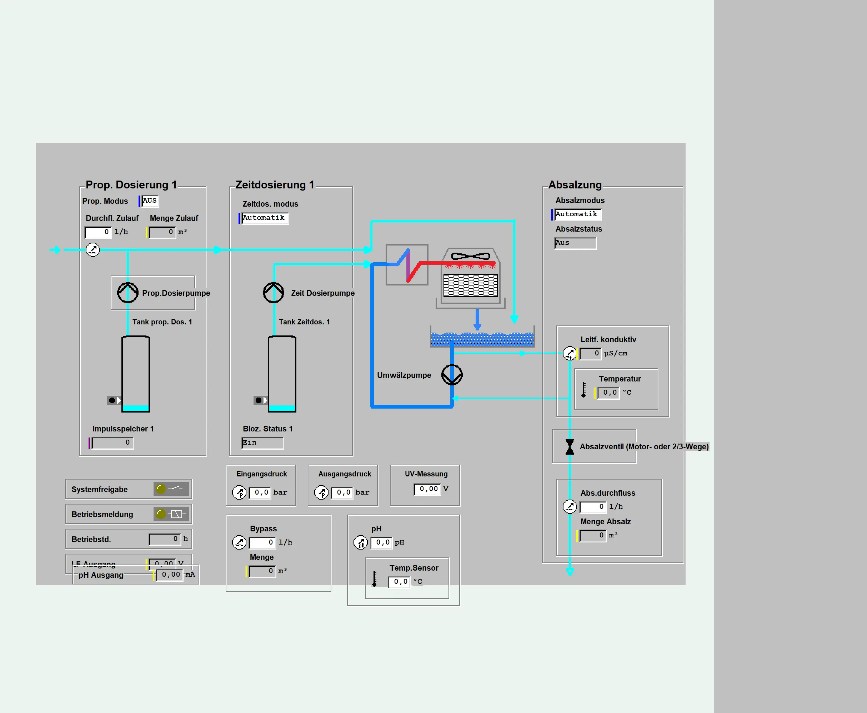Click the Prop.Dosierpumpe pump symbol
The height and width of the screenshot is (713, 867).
click(x=128, y=292)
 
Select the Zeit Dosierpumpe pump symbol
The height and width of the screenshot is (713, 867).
click(x=274, y=292)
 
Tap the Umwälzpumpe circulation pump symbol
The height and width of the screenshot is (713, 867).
click(x=452, y=375)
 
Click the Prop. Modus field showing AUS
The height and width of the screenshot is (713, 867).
click(x=150, y=201)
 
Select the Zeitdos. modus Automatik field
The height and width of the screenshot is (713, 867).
click(x=265, y=218)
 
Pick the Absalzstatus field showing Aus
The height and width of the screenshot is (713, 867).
click(x=575, y=243)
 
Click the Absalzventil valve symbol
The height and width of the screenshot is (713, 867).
click(x=570, y=446)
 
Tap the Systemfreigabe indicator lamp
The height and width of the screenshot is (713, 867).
click(x=161, y=489)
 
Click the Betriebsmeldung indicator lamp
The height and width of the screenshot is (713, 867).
click(x=161, y=514)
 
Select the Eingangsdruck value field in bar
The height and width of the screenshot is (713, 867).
click(x=260, y=492)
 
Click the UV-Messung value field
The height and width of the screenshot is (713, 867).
click(x=427, y=489)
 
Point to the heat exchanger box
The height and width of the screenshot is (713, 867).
click(x=407, y=265)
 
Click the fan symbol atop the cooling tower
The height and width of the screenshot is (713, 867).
click(x=471, y=256)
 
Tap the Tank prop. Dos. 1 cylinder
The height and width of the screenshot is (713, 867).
click(x=136, y=374)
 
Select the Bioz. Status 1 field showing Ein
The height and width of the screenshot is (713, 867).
click(x=262, y=443)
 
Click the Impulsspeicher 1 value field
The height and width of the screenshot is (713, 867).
click(x=113, y=443)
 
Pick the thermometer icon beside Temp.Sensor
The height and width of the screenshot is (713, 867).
click(x=374, y=579)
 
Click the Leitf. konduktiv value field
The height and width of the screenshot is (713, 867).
click(x=591, y=353)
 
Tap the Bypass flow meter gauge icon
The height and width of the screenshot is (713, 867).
click(x=239, y=542)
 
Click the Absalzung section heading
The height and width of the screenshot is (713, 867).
click(x=575, y=185)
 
